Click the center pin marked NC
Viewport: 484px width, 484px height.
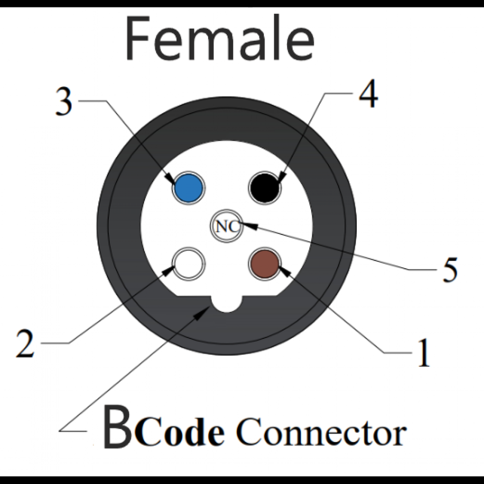226,226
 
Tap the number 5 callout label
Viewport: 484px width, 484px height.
450,270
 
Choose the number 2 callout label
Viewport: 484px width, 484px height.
25,344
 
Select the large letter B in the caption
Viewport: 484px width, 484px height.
117,429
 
